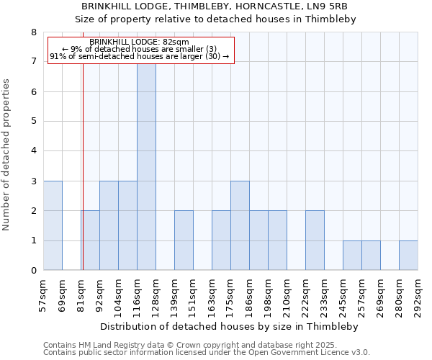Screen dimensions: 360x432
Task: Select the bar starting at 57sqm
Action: pos(53,225)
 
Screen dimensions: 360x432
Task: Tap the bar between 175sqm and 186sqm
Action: pos(240,225)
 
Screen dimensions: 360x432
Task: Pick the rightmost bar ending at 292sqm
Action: pos(408,256)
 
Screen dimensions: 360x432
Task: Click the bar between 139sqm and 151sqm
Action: pos(184,240)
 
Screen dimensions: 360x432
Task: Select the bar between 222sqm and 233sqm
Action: pos(315,240)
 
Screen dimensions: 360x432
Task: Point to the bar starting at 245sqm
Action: pos(352,256)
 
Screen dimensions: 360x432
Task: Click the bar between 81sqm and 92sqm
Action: pos(90,240)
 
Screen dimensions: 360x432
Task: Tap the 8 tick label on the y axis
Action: pos(33,32)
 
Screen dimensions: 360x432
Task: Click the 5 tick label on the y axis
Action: pos(33,122)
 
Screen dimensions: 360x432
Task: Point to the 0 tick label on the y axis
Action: pos(33,271)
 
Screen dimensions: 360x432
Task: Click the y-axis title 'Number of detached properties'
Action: pos(7,155)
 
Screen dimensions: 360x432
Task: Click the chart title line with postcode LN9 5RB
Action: pos(216,6)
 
